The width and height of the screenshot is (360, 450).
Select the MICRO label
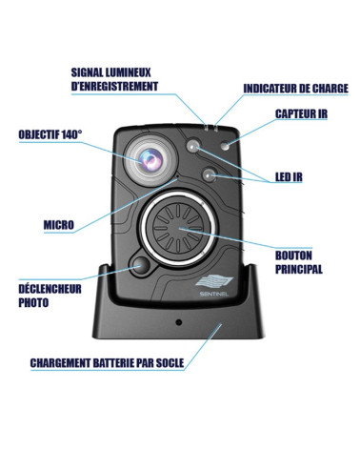(58, 225)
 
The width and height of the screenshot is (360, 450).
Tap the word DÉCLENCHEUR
(50, 289)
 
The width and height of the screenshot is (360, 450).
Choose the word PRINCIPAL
(298, 270)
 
